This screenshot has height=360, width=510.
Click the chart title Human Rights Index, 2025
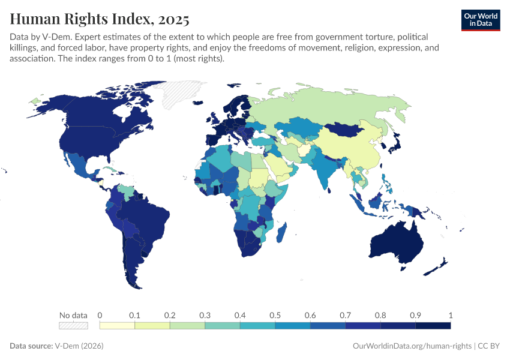coord(100,19)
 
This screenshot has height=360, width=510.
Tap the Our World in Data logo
coord(481,20)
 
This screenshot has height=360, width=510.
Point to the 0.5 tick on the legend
coord(275,316)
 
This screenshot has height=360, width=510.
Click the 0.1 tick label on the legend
coord(134,316)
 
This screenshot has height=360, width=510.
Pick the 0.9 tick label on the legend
coord(415,316)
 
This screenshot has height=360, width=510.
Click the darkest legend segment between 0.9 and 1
coord(433,325)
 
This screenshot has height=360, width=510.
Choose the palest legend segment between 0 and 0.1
coord(117,325)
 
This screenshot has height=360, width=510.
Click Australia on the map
coord(396,243)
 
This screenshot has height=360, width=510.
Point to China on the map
coord(354,150)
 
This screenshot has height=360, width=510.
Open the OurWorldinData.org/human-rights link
coord(412,346)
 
